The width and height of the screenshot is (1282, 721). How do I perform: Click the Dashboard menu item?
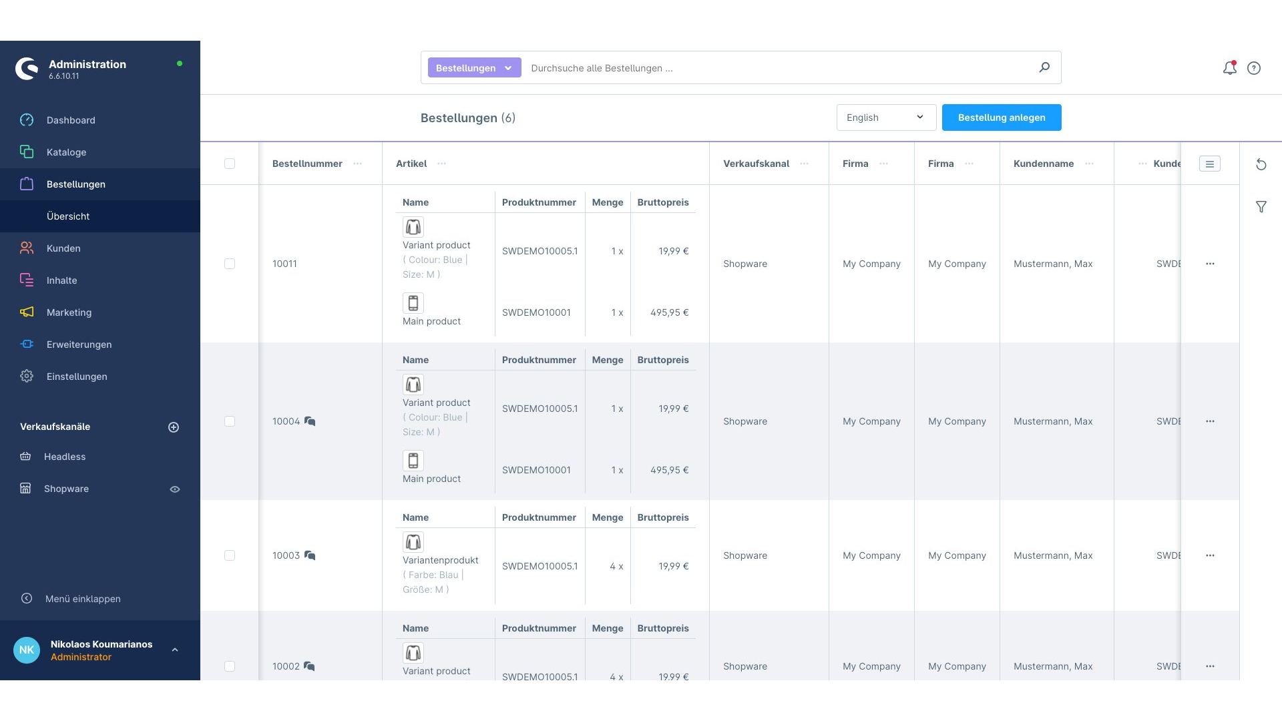pos(71,120)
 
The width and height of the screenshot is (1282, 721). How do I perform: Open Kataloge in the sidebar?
pos(66,152)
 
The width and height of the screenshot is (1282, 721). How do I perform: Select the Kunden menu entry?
pos(63,248)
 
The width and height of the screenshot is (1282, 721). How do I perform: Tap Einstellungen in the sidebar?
pos(77,377)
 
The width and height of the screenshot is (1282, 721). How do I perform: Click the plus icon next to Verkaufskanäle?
pos(174,427)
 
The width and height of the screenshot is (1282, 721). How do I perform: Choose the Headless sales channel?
pos(65,457)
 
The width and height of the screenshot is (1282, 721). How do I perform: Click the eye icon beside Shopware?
pos(175,489)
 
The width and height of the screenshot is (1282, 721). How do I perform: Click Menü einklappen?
pos(83,599)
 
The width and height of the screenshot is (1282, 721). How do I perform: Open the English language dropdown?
pos(886,117)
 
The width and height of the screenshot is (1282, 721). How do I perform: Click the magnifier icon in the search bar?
pos(1044,67)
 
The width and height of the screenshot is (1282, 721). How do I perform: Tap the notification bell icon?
pos(1229,68)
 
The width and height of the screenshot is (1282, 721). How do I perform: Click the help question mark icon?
pos(1254,68)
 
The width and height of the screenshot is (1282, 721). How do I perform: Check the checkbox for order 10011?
pos(230,264)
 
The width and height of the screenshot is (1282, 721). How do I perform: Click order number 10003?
pos(286,555)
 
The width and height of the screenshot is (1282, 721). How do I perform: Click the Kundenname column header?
pos(1044,164)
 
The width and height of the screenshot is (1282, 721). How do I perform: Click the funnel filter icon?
pos(1261,207)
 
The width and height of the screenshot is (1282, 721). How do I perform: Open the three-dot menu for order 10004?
pos(1210,421)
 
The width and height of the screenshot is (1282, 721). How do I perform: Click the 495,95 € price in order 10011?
pos(669,312)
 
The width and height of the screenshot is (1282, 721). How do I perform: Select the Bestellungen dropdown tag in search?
pos(474,68)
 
